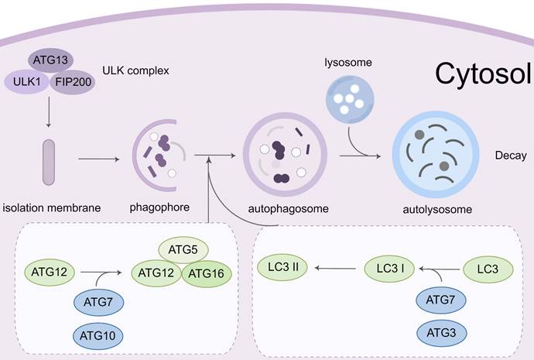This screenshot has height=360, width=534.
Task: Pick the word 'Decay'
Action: click(x=511, y=156)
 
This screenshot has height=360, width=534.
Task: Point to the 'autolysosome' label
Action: click(x=438, y=209)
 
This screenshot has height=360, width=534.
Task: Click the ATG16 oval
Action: click(x=206, y=273)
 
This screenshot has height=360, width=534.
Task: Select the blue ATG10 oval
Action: click(x=99, y=335)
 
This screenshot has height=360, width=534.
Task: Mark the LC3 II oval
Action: click(x=284, y=268)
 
